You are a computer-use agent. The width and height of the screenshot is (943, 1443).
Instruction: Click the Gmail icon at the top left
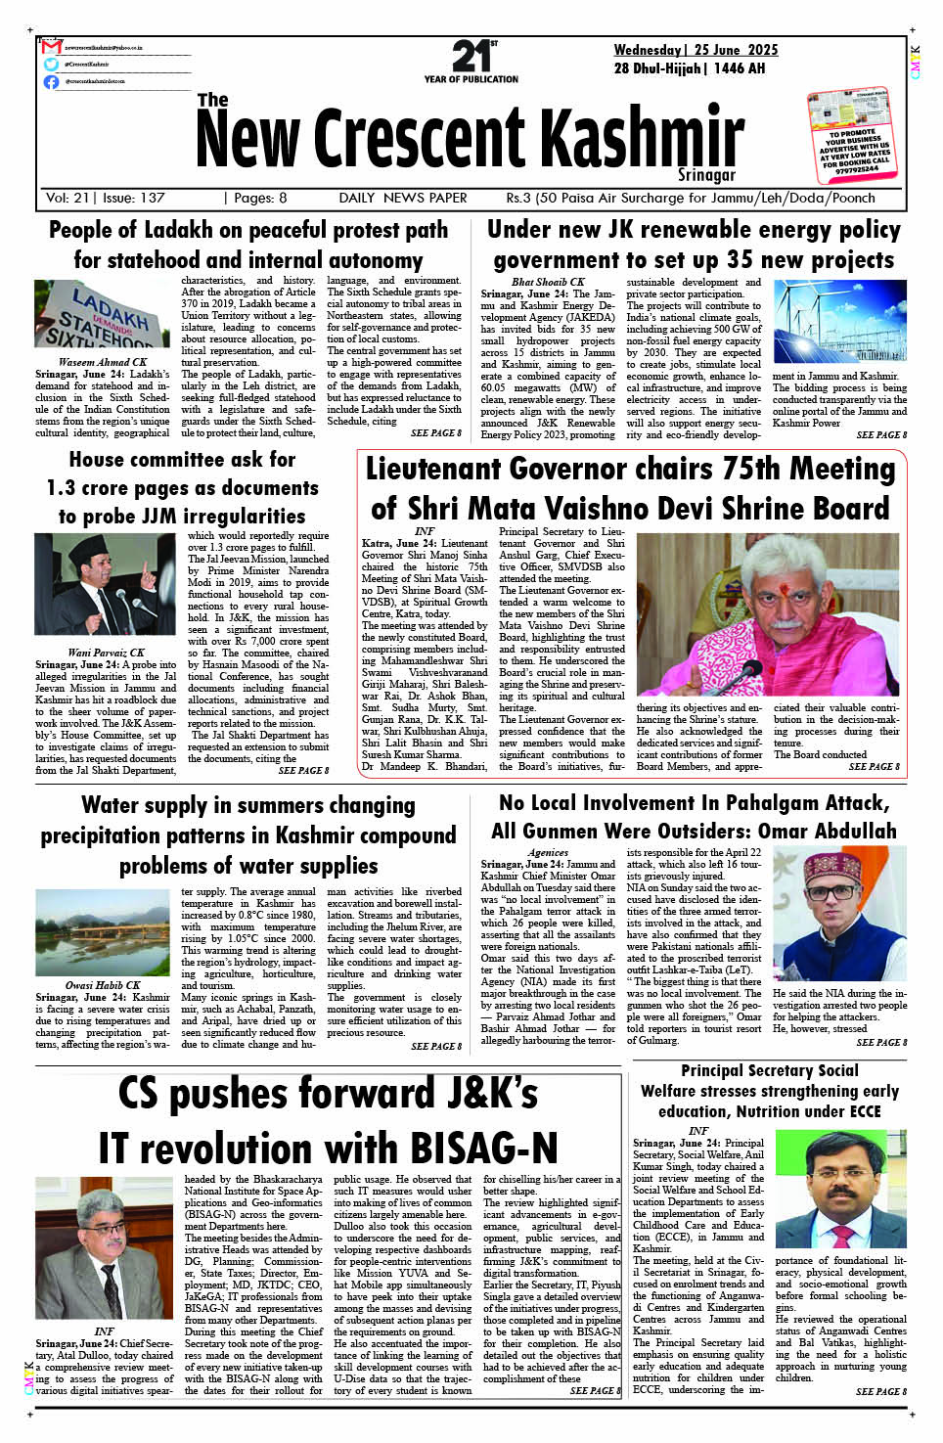(x=52, y=47)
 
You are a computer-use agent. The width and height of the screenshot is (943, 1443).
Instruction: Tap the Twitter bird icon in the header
(x=51, y=64)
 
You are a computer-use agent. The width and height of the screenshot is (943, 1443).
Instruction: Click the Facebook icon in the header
(x=51, y=81)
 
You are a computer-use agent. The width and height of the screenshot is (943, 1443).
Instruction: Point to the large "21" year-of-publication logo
(x=473, y=57)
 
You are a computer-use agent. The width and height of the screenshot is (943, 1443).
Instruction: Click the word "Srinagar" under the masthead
(x=706, y=175)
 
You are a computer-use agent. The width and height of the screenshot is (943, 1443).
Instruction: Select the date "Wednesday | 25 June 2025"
(x=696, y=50)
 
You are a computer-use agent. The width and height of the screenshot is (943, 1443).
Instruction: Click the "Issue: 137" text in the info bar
(x=133, y=198)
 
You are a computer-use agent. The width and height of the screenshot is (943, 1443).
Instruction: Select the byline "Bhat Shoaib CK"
(x=548, y=282)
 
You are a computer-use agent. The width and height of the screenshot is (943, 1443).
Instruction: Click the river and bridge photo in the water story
(x=103, y=931)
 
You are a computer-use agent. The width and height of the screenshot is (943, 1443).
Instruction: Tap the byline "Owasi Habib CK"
(x=103, y=985)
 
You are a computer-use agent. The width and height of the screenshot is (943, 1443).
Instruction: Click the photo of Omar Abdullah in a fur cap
(x=839, y=914)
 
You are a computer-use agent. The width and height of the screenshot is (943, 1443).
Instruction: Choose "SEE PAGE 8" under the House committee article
(x=303, y=771)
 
